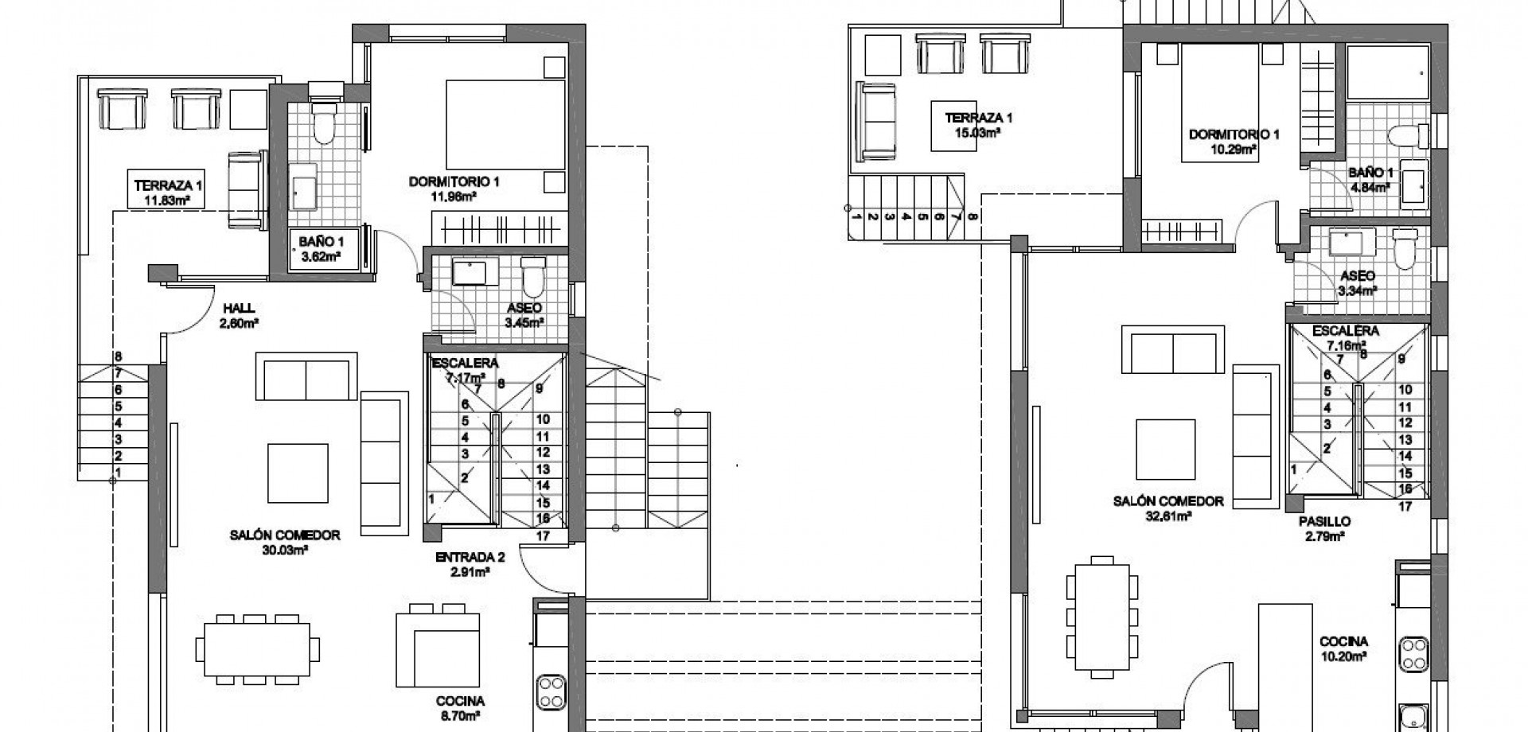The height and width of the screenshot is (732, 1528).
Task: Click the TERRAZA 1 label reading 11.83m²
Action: pyautogui.click(x=168, y=192)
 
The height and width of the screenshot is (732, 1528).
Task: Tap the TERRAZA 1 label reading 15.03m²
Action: pyautogui.click(x=978, y=126)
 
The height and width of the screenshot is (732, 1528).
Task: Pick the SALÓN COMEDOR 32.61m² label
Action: pyautogui.click(x=1167, y=508)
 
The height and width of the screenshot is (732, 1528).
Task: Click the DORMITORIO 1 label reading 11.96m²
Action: pyautogui.click(x=454, y=188)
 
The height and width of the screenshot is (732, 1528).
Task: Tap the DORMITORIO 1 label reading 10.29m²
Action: pyautogui.click(x=1234, y=141)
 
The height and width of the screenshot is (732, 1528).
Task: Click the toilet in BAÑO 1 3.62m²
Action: pyautogui.click(x=324, y=123)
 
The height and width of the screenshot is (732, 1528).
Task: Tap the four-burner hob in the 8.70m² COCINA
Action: pyautogui.click(x=550, y=691)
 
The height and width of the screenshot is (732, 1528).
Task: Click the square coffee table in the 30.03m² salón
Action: pyautogui.click(x=298, y=473)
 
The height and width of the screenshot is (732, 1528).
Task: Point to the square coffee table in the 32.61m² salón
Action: pyautogui.click(x=1165, y=448)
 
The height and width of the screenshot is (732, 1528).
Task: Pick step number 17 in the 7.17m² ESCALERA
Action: pyautogui.click(x=543, y=535)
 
